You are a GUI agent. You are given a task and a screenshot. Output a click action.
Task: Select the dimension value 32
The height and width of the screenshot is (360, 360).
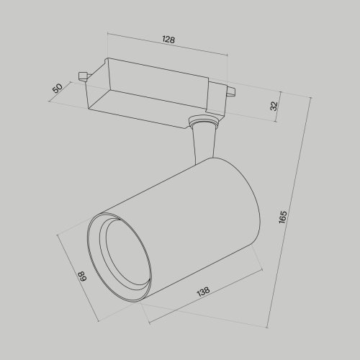pyautogui.click(x=274, y=106)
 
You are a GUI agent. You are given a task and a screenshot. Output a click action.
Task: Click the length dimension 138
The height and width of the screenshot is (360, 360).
pyautogui.click(x=204, y=292)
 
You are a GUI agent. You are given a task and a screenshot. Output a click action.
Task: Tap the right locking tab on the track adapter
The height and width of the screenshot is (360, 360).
pyautogui.click(x=230, y=90)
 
